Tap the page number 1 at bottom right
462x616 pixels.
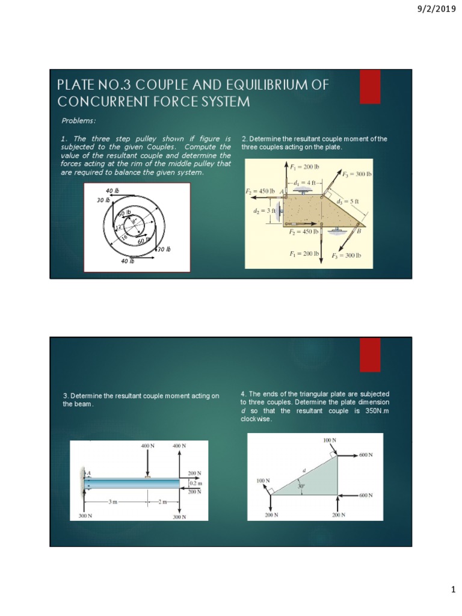[x=454, y=590]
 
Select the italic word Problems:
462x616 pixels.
[x=79, y=120]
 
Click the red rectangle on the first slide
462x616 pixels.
[x=369, y=87]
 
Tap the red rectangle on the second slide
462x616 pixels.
[x=369, y=355]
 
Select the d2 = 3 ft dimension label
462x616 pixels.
[x=264, y=211]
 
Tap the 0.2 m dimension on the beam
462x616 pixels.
[x=196, y=482]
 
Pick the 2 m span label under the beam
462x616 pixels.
[x=164, y=500]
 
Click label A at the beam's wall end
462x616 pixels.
[x=89, y=473]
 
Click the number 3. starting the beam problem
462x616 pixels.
[x=66, y=396]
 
